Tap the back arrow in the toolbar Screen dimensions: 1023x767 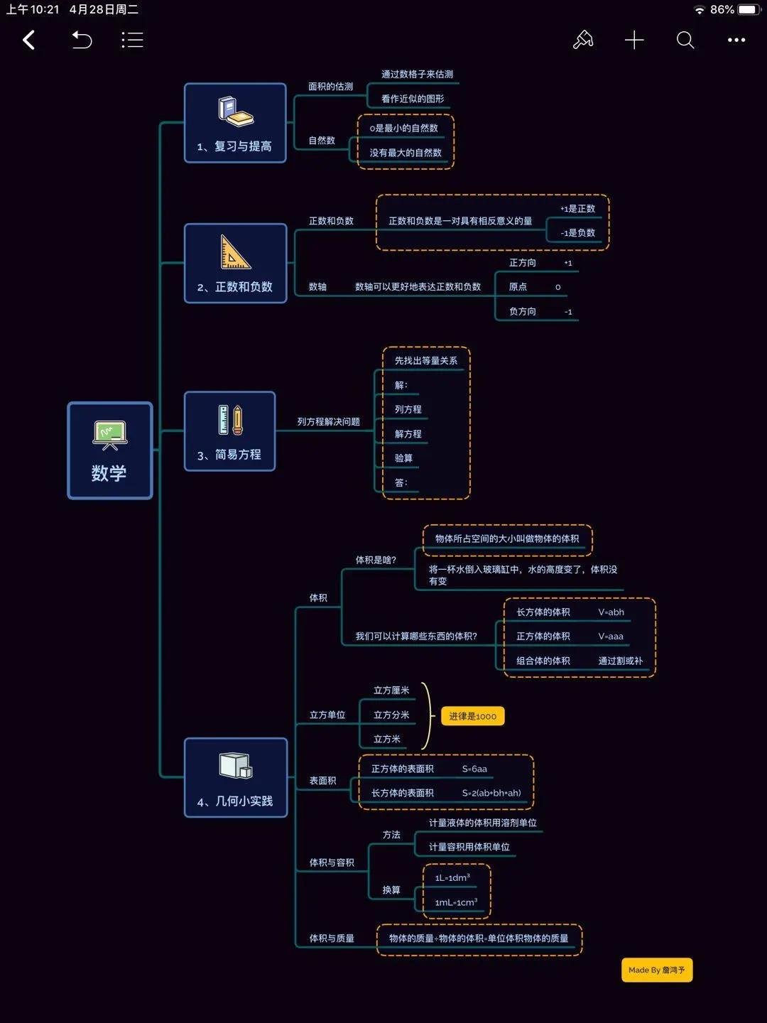[x=29, y=40]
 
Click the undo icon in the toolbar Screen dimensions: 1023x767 [x=82, y=40]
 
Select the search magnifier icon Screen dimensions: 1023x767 [x=685, y=40]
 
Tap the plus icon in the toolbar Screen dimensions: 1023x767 [x=633, y=40]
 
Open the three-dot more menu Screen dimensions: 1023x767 [x=736, y=40]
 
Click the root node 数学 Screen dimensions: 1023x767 [x=110, y=450]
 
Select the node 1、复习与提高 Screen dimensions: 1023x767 [x=235, y=123]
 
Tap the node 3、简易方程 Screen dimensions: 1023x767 [x=229, y=431]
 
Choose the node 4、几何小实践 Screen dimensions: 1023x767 [x=236, y=777]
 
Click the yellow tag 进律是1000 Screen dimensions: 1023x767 [x=472, y=716]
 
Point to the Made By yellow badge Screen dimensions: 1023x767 [x=656, y=970]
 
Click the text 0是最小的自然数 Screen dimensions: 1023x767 [x=403, y=129]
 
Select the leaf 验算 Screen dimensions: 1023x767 [x=403, y=458]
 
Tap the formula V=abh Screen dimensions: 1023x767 [x=611, y=612]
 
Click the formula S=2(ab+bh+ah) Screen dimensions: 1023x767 [x=491, y=793]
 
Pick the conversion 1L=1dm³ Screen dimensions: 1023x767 [x=452, y=878]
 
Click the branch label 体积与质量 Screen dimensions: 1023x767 [x=332, y=938]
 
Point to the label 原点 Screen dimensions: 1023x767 [x=518, y=287]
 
